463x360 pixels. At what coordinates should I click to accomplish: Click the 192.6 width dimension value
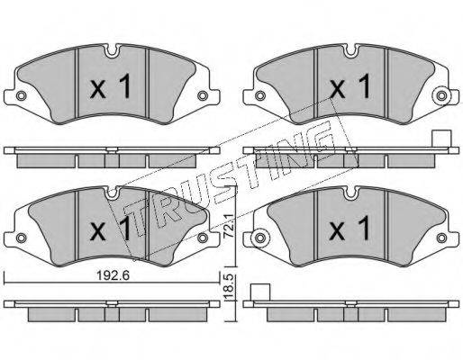113,275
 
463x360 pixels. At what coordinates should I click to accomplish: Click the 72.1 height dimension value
230,226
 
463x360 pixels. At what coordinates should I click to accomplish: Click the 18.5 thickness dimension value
230,287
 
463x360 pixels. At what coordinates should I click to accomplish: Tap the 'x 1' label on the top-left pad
111,86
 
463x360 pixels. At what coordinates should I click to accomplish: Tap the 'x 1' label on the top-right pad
350,86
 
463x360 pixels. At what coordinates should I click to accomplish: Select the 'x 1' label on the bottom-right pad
350,229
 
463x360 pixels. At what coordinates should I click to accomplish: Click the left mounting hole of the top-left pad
21,96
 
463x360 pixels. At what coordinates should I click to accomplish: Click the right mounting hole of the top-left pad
202,96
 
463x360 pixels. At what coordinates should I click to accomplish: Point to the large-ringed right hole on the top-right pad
441,96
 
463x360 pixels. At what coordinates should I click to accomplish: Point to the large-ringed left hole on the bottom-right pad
260,238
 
